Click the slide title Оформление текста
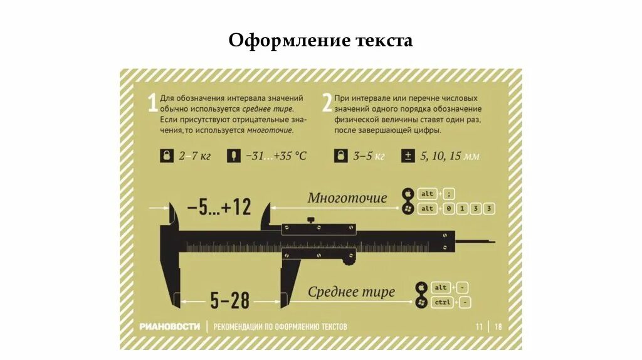[x=320, y=41]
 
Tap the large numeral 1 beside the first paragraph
[x=151, y=103]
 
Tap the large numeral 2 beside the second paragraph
[x=326, y=103]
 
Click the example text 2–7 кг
[x=194, y=156]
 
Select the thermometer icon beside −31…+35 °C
[x=233, y=156]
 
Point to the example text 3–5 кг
[x=368, y=156]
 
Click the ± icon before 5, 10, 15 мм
[x=408, y=156]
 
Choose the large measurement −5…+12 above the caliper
[x=218, y=206]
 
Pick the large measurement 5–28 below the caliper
[x=229, y=300]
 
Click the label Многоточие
[x=347, y=198]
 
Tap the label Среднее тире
[x=351, y=292]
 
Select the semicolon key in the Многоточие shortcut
[x=448, y=194]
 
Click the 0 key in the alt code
[x=448, y=208]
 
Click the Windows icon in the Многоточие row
[x=408, y=208]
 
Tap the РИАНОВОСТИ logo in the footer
[x=170, y=326]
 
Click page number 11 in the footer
[x=479, y=326]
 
